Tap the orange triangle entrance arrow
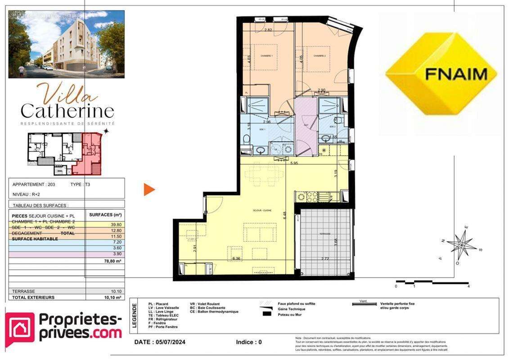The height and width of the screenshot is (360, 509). point(149,189)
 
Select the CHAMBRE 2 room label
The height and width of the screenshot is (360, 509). point(320,56)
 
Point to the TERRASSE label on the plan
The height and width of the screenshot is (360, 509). point(325,234)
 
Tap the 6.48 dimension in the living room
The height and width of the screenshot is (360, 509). point(284,215)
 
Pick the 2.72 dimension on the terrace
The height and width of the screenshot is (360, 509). point(324,258)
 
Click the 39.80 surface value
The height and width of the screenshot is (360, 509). point(116,225)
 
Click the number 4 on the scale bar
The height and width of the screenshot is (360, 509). point(468,286)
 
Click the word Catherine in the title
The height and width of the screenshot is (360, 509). point(68,110)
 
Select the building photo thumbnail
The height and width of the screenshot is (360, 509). point(67,44)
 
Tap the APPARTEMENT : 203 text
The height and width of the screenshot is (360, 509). point(36,184)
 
